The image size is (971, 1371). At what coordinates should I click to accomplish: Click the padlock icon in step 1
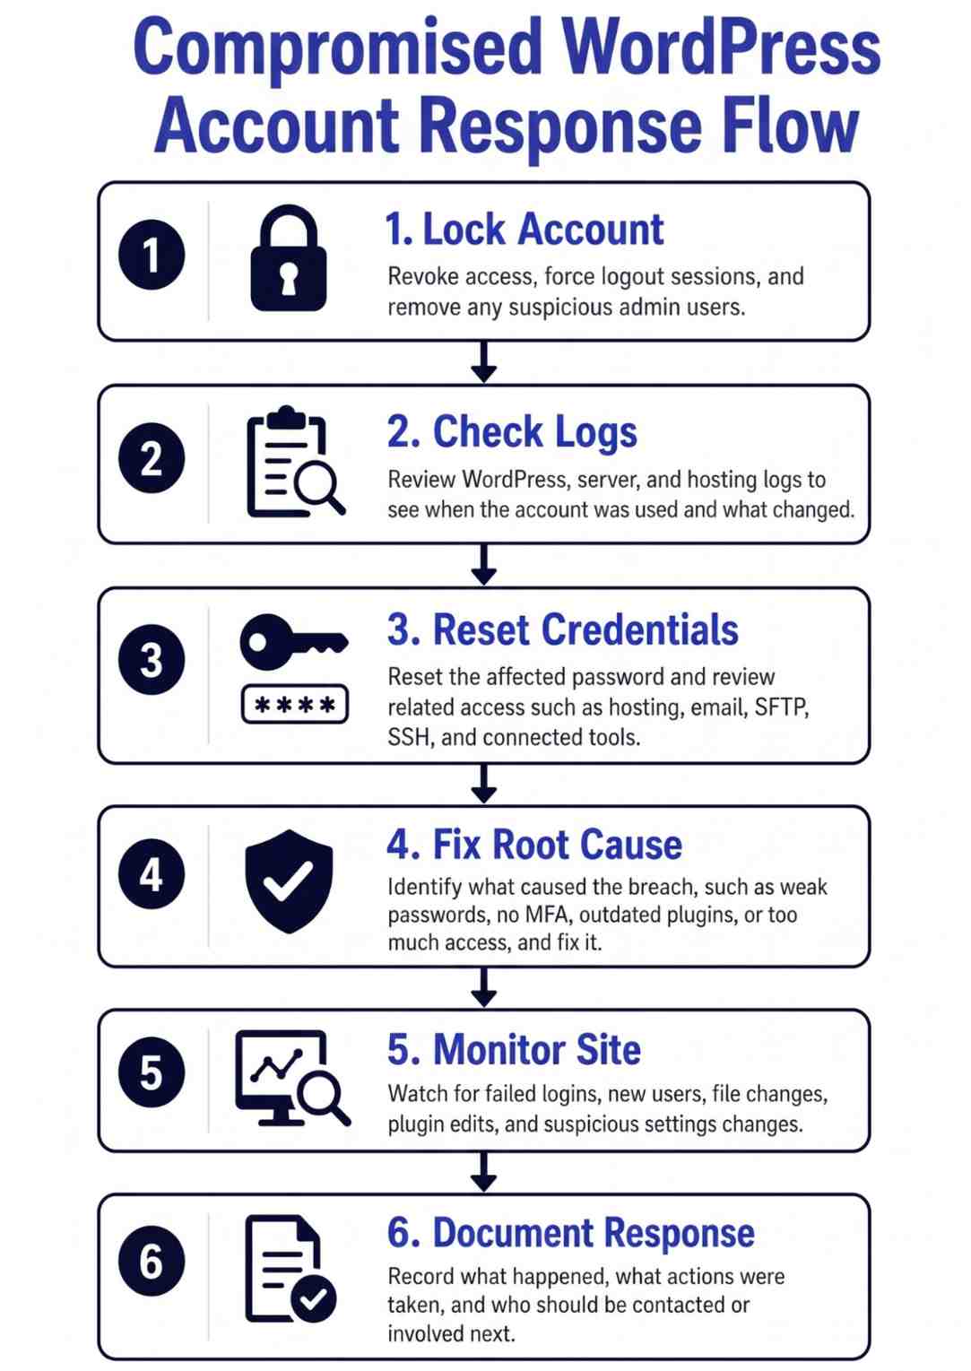coord(289,257)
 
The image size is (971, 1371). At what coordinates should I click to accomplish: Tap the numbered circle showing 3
coord(152,659)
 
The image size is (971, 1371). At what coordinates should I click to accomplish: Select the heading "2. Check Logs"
coord(512,431)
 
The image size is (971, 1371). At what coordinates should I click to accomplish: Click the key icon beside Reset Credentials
coord(294,642)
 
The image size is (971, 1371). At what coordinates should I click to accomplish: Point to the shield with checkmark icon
coord(289,881)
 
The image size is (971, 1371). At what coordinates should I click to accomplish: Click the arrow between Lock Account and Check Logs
coord(484,361)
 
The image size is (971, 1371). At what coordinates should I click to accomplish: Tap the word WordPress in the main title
coord(721,48)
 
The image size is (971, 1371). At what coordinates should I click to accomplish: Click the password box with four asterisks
coord(295,705)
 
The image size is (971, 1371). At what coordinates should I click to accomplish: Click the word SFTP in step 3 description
coord(782,707)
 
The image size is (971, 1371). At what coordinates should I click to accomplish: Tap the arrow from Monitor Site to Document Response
coord(484,1171)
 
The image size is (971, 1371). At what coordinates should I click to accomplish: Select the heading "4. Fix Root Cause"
coord(534,845)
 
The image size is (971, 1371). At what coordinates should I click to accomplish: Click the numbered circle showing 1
coord(152,254)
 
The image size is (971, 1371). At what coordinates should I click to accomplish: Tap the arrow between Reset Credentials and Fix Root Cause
coord(484,784)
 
